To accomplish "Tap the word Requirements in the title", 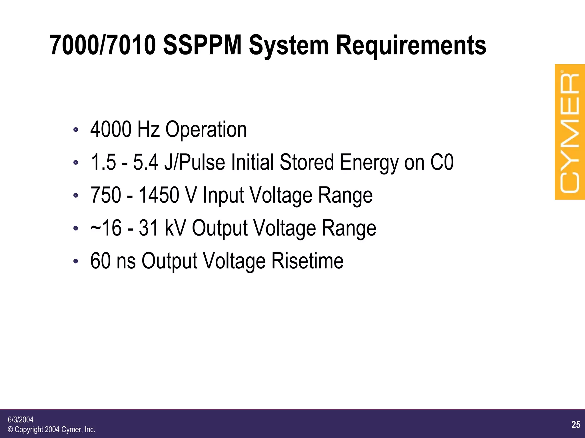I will pos(411,46).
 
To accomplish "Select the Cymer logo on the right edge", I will pos(570,132).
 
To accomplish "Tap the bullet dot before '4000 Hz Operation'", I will pos(75,130).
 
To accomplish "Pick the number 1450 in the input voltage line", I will pos(159,195).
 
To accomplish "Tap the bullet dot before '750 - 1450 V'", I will pos(75,196).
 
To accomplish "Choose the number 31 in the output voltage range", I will pos(149,228).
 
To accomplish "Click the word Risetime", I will pos(307,261).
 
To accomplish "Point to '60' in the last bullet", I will pos(100,261).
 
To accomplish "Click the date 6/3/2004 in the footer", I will pos(21,419).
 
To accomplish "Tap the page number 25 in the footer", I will pos(576,425).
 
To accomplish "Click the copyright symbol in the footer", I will pos(10,429).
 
